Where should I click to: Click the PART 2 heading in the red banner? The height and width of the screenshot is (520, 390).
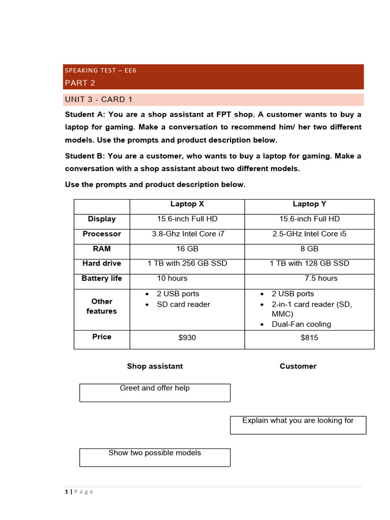(x=80, y=83)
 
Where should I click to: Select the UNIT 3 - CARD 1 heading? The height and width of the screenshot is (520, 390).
(x=99, y=99)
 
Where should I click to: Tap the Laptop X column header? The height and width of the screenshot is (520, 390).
(x=187, y=204)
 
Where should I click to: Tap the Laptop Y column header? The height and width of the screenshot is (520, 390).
(x=309, y=204)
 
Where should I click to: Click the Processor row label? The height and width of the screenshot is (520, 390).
(x=102, y=234)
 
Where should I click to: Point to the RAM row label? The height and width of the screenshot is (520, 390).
(x=102, y=249)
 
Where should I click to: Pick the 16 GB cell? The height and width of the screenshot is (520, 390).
(x=187, y=249)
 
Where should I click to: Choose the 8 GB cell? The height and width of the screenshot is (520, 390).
(x=309, y=249)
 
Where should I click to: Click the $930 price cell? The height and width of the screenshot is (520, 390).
(x=187, y=337)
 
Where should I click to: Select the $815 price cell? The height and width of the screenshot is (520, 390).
(x=309, y=337)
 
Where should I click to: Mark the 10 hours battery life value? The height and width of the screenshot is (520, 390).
(x=172, y=278)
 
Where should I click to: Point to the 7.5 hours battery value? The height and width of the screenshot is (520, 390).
(x=321, y=278)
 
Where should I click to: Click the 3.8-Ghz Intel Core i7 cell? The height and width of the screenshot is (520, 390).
(x=187, y=234)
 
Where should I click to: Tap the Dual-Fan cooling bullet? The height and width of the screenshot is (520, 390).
(x=301, y=324)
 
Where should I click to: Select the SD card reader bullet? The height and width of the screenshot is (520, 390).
(x=183, y=304)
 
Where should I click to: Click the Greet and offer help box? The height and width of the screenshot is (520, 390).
(x=155, y=392)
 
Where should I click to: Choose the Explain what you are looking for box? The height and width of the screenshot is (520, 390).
(x=298, y=425)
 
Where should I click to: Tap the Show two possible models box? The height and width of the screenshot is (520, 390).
(x=155, y=457)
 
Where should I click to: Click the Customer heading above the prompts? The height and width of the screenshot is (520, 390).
(x=298, y=366)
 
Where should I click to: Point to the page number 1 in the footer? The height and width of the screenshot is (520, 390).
(x=67, y=492)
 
